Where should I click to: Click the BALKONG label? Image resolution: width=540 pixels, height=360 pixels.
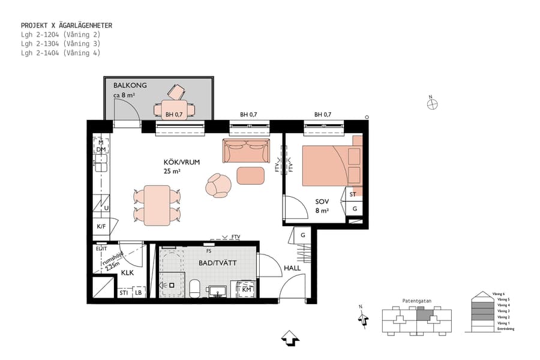(130, 85)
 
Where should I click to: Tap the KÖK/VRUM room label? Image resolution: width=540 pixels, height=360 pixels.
(181, 162)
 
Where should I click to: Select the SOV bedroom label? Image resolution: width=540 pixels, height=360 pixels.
(322, 202)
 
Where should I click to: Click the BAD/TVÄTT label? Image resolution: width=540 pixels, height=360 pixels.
(218, 263)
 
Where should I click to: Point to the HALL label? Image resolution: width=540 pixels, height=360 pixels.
(292, 268)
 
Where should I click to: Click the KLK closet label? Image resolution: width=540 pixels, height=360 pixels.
(127, 272)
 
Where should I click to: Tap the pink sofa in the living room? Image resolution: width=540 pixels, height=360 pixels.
(246, 151)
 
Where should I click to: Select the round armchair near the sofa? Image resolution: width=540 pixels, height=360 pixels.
(218, 185)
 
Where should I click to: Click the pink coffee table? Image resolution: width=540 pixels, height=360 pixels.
(250, 175)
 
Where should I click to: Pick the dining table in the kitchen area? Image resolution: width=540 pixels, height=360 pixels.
(157, 205)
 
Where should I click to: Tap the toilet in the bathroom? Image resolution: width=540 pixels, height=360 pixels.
(195, 288)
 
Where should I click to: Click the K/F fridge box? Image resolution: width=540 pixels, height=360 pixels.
(101, 227)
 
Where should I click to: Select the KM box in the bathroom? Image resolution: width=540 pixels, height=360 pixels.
(247, 289)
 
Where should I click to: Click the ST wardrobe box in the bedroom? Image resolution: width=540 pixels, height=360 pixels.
(353, 194)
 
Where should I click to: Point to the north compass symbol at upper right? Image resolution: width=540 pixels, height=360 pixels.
(432, 104)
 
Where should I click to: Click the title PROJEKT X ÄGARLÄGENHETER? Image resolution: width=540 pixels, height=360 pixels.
(67, 26)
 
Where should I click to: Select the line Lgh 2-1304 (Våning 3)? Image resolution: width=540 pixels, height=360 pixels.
(60, 44)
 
